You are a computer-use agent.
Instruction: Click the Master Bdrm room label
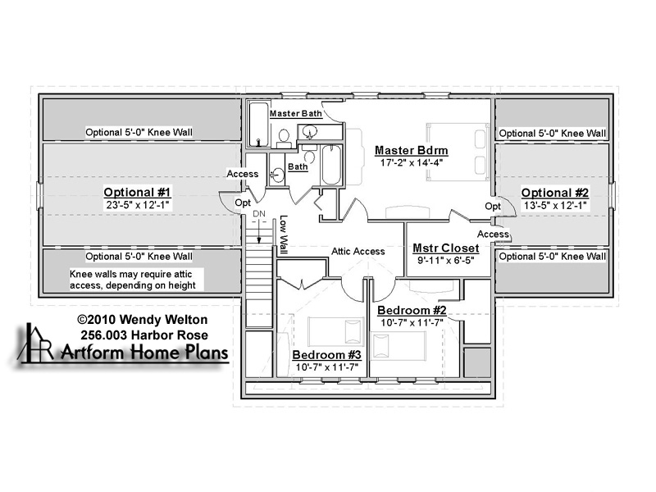(x=412, y=150)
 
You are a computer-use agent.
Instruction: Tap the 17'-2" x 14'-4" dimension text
(x=412, y=162)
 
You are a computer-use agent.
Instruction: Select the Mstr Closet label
(x=445, y=248)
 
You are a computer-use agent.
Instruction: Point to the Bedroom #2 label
(x=412, y=311)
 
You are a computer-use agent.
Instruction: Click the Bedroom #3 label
(x=326, y=355)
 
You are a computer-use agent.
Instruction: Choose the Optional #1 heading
(x=137, y=193)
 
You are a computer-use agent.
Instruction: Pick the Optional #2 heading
(x=555, y=193)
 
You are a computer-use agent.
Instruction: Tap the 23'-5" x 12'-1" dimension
(x=137, y=205)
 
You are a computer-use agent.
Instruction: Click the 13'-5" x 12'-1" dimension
(x=555, y=206)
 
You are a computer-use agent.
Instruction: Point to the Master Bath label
(x=296, y=113)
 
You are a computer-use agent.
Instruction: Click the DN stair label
(x=259, y=214)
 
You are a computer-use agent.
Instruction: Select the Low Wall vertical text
(x=284, y=235)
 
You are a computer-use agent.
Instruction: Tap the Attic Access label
(x=358, y=252)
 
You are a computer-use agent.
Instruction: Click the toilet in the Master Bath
(x=284, y=138)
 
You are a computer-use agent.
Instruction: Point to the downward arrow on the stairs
(x=259, y=231)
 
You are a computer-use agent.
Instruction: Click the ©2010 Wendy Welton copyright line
(x=142, y=320)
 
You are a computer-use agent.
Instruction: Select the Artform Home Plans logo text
(x=145, y=353)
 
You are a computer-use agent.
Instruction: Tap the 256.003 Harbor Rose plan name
(x=144, y=335)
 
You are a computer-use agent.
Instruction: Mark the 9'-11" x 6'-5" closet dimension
(x=445, y=260)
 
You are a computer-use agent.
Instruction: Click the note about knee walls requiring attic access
(x=133, y=280)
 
